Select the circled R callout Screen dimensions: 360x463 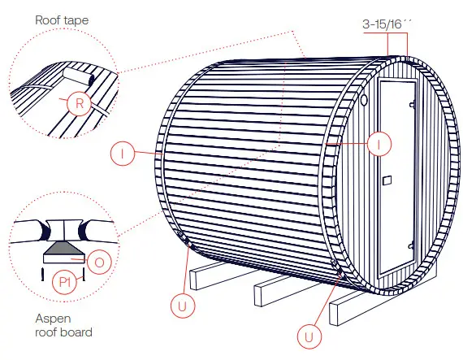tap(78, 103)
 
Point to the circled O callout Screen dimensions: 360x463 tap(97, 261)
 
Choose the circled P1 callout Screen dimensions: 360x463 tap(67, 283)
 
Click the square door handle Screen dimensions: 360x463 tap(387, 180)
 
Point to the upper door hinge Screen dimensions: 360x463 tap(413, 103)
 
